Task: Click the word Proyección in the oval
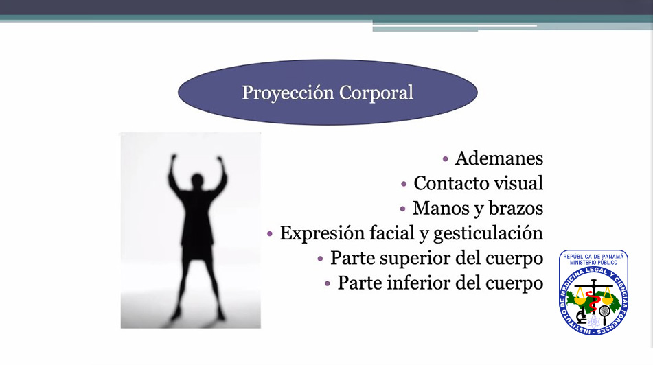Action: pos(288,93)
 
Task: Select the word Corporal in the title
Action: pos(376,93)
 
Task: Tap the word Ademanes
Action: pos(499,158)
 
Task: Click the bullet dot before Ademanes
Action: pos(445,159)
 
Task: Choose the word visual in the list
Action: pos(517,183)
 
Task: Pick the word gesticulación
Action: pos(488,233)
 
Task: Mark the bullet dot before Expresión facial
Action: pos(270,234)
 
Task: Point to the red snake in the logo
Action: pos(591,301)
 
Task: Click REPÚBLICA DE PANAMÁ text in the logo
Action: pos(593,257)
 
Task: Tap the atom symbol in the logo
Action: pos(594,321)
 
